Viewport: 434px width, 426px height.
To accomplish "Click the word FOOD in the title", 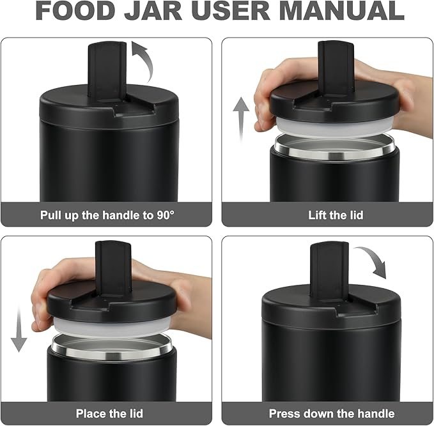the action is tap(75, 10).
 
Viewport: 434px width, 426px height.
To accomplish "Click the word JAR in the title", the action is tap(153, 10).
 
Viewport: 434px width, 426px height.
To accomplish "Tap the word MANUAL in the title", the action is tap(341, 10).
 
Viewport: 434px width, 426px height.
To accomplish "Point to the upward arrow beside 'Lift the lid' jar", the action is tap(241, 119).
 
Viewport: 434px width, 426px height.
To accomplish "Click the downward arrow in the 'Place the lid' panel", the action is tap(19, 329).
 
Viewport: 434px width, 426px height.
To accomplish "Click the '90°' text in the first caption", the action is tap(166, 215).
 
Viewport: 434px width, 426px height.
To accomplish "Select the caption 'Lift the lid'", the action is tap(336, 215).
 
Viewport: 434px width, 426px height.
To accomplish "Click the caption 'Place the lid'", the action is tap(109, 414).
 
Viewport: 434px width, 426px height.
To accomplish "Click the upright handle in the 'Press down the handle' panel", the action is tap(329, 271).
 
